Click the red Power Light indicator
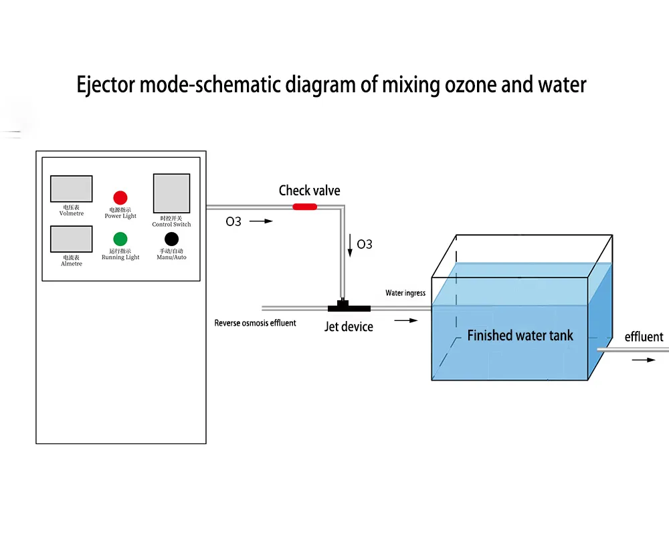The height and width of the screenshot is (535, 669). coord(120,197)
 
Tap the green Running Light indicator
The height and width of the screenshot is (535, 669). coord(120,239)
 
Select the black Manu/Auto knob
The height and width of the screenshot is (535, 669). coord(171,239)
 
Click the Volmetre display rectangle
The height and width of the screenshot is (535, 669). coord(71,189)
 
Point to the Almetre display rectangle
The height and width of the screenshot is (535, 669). coord(71,239)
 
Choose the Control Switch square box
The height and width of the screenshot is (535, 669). coord(171,193)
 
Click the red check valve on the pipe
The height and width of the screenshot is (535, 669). coord(304,207)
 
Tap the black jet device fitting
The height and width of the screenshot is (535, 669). coord(349,308)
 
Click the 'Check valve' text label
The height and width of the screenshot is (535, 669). coord(309,191)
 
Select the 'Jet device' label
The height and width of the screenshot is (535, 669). coord(349,327)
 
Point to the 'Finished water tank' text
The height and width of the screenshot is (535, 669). coord(520,336)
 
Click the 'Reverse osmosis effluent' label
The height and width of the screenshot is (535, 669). coord(255,323)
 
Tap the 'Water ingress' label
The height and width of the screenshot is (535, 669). coord(405,293)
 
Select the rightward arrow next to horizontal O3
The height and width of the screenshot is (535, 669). coord(261,221)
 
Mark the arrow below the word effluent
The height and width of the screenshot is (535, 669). coord(644,360)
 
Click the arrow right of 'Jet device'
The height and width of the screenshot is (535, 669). coord(405,321)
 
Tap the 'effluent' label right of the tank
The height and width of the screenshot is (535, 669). coord(644,336)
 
